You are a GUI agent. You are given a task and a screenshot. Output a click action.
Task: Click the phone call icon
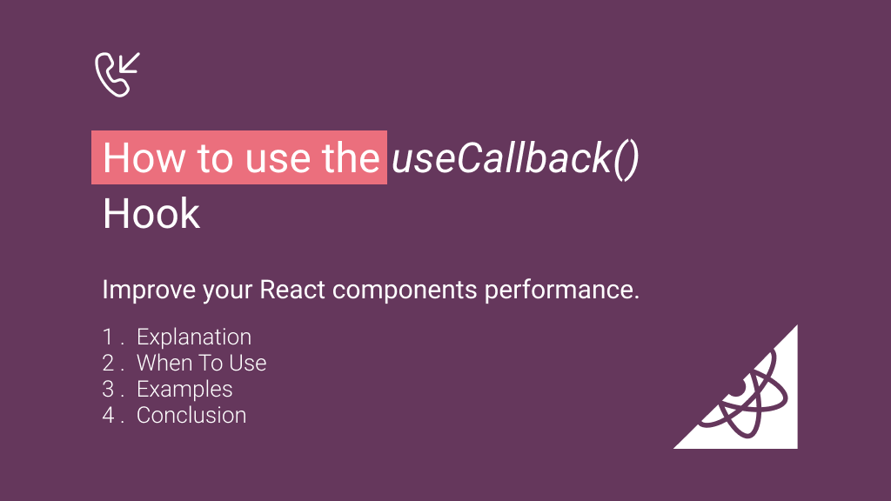117,74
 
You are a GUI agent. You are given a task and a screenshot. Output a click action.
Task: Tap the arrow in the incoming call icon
130,63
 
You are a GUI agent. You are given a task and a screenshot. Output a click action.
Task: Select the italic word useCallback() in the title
515,159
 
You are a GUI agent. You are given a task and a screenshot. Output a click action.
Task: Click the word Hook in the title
151,214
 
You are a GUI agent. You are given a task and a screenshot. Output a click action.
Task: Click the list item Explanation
194,337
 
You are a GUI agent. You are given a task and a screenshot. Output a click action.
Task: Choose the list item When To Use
202,363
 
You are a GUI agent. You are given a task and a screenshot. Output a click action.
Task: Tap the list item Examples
184,389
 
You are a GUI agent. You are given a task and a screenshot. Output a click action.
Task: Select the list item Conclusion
191,415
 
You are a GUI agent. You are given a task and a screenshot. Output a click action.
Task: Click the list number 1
108,337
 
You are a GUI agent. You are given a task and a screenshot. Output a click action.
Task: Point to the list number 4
108,415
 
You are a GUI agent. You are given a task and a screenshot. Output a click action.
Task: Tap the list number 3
108,389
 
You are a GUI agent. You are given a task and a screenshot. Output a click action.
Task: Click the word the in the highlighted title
352,159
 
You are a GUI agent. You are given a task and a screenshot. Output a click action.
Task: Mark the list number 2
108,363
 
